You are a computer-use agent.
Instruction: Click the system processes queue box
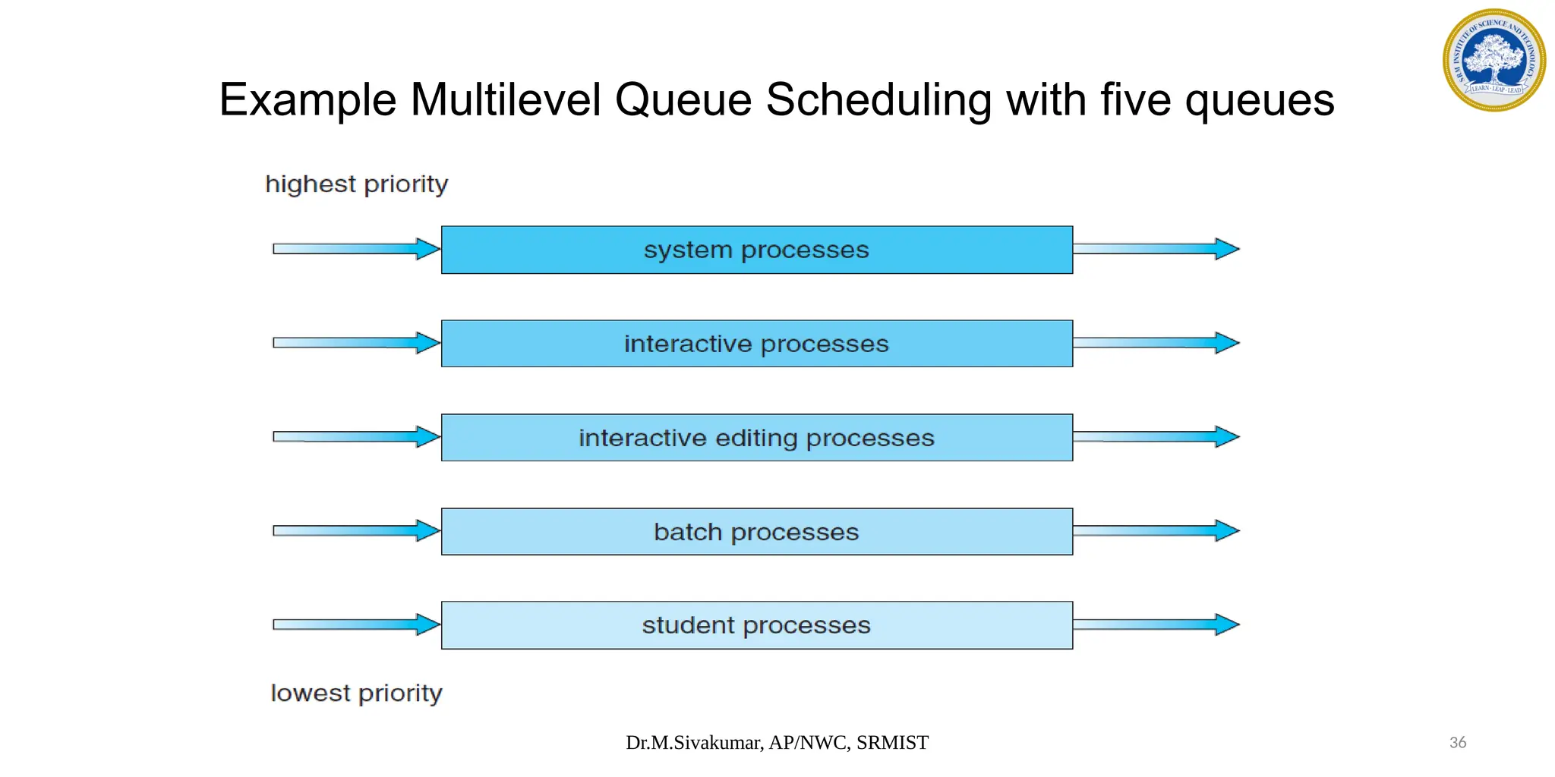(756, 250)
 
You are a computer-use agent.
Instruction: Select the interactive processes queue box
(756, 344)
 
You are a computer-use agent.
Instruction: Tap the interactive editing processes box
(756, 438)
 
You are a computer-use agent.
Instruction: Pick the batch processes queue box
(756, 532)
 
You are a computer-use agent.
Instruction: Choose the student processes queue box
(756, 625)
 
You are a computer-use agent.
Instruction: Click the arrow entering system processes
(355, 249)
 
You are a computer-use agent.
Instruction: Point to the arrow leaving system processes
(1156, 249)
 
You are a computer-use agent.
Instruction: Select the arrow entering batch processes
(355, 530)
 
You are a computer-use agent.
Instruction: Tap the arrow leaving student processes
(1156, 624)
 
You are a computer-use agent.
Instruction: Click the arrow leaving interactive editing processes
(1156, 436)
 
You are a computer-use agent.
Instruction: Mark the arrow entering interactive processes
(355, 343)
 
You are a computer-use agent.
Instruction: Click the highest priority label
(356, 184)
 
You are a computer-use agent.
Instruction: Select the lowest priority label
(356, 694)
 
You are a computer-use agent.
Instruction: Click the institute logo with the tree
(1493, 60)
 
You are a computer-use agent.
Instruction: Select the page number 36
(1457, 743)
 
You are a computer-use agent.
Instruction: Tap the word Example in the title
(308, 101)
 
